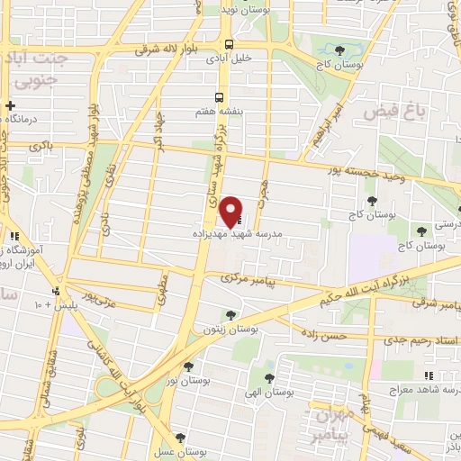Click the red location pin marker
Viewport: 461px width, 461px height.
(x=231, y=211)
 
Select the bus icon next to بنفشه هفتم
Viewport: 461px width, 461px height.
(x=218, y=96)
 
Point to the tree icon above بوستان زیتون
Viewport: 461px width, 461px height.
(x=231, y=314)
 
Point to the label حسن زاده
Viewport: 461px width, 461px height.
(x=325, y=335)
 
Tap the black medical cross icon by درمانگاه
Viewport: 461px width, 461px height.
(x=9, y=104)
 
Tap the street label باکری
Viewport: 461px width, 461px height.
(x=41, y=144)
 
